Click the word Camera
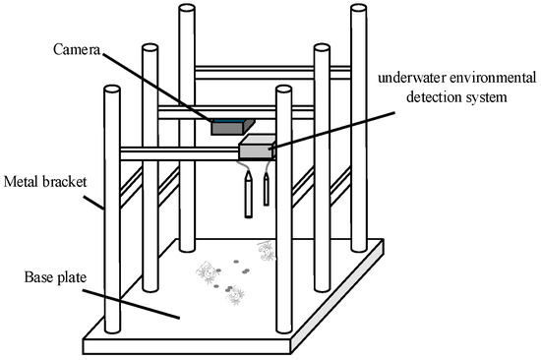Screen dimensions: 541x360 (x=77, y=50)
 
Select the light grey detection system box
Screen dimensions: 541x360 (x=258, y=147)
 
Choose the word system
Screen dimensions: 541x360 (x=486, y=97)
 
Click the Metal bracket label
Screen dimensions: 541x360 (x=45, y=182)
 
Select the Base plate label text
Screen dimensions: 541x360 (x=55, y=277)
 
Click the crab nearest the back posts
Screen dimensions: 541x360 (x=266, y=251)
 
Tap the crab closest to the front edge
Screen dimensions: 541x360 (x=235, y=295)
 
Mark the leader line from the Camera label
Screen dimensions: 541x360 (x=157, y=87)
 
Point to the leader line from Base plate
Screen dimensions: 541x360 (x=131, y=304)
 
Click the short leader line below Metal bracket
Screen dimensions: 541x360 (x=93, y=203)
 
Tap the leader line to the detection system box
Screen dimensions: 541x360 (x=332, y=130)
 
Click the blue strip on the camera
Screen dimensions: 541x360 (x=228, y=121)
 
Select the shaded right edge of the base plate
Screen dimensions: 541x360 (x=337, y=297)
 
